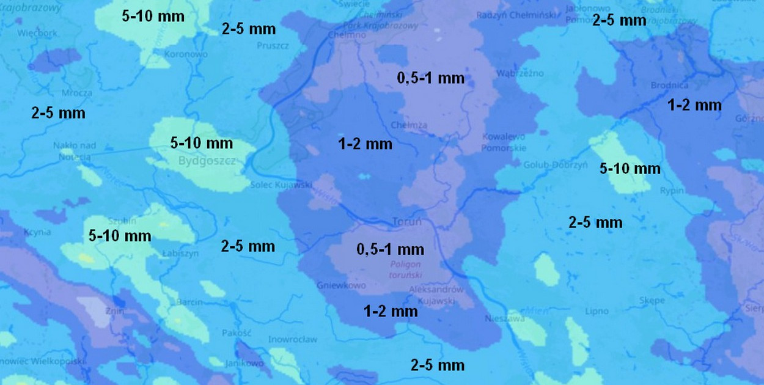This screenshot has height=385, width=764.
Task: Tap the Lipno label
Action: click(597, 311)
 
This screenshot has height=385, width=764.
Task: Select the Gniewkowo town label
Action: click(341, 285)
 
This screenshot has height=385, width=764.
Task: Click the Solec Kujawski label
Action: click(282, 184)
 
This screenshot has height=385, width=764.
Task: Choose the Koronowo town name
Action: click(186, 54)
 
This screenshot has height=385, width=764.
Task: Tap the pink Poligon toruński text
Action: click(406, 269)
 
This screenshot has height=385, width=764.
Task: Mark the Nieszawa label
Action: click(505, 318)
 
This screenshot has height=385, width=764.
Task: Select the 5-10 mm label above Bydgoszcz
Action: click(202, 143)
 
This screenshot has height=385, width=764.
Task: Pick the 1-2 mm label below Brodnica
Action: click(694, 105)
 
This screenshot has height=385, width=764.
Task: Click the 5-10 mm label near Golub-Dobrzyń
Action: click(630, 168)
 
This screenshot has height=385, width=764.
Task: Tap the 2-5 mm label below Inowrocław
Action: click(438, 365)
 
